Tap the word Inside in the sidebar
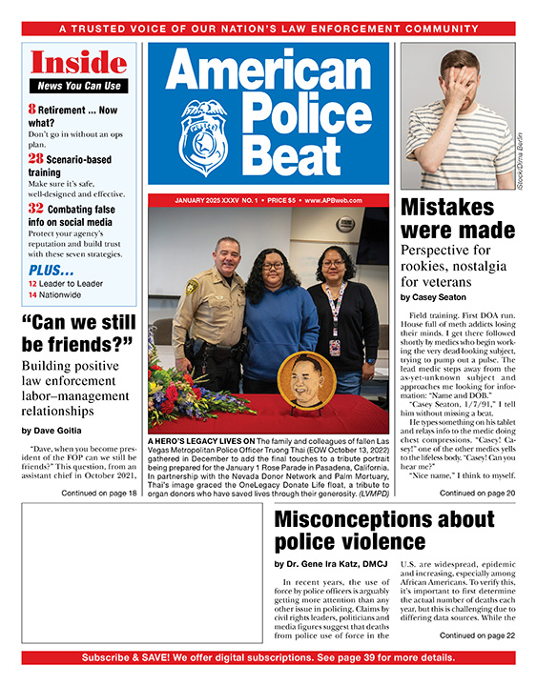pyautogui.click(x=78, y=63)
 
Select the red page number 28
pyautogui.click(x=35, y=158)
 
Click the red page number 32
pyautogui.click(x=35, y=208)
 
